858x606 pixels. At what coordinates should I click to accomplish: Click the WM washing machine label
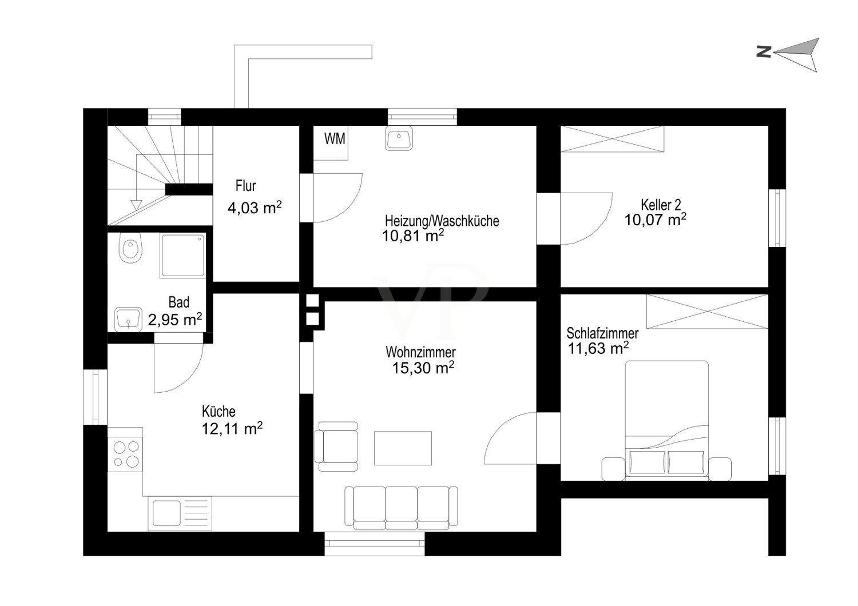point(335,138)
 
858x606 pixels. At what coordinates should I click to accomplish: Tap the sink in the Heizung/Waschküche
point(399,137)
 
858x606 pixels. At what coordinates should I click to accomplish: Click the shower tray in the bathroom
point(183,256)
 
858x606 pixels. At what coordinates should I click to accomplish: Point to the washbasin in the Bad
point(128,319)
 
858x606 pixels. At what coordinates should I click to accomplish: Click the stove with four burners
point(125,455)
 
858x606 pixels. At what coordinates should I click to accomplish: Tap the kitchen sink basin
point(166,513)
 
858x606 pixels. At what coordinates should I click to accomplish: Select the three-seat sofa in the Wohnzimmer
point(401,508)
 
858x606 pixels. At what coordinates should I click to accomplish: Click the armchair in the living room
point(336,446)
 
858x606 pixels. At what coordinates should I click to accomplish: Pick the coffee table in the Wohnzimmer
point(403,448)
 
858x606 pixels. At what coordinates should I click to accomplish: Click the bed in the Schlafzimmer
point(666,420)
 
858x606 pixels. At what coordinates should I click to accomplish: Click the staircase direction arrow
point(136,205)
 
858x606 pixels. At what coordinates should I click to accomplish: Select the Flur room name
point(245,186)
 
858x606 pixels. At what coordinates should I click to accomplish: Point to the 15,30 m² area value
point(423,368)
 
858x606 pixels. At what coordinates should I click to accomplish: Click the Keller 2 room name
point(661,205)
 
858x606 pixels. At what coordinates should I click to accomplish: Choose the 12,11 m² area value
point(232,429)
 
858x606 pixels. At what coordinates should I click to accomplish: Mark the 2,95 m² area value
point(175,320)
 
